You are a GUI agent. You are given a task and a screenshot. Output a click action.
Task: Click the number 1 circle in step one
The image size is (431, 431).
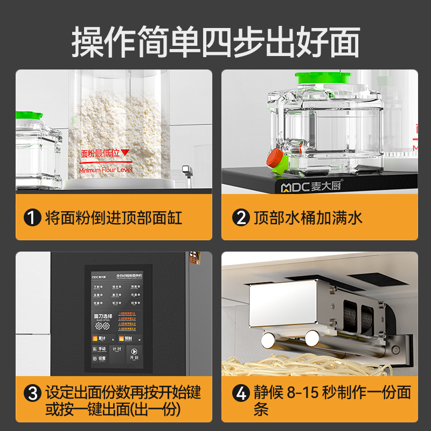(33, 218)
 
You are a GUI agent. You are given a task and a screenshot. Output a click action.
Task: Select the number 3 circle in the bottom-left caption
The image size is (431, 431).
(33, 392)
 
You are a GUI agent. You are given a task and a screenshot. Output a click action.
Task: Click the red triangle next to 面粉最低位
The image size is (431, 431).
(125, 153)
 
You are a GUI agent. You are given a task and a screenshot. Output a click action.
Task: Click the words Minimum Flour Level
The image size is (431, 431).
(105, 170)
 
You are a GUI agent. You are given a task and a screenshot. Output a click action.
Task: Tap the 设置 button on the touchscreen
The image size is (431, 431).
(100, 358)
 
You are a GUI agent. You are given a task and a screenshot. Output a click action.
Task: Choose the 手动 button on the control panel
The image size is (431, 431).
(100, 349)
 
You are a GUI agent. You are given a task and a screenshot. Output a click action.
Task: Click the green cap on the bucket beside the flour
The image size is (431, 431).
(30, 115)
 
